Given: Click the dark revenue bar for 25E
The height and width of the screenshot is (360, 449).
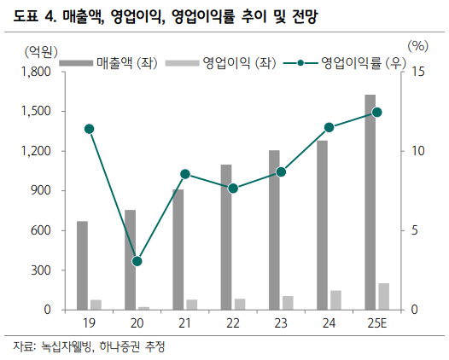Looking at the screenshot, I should pos(370,202).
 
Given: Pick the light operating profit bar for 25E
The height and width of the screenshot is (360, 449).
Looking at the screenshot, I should pos(384,296).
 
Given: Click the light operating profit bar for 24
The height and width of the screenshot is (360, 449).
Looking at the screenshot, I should pos(335,300).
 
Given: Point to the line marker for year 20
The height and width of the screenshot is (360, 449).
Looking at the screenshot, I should pos(137,261).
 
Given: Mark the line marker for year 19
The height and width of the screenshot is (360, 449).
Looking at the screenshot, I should pos(90,129).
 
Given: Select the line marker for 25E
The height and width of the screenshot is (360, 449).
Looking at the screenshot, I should pos(377,112).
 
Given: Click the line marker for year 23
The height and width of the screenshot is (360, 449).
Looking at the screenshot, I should pos(281,171).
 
